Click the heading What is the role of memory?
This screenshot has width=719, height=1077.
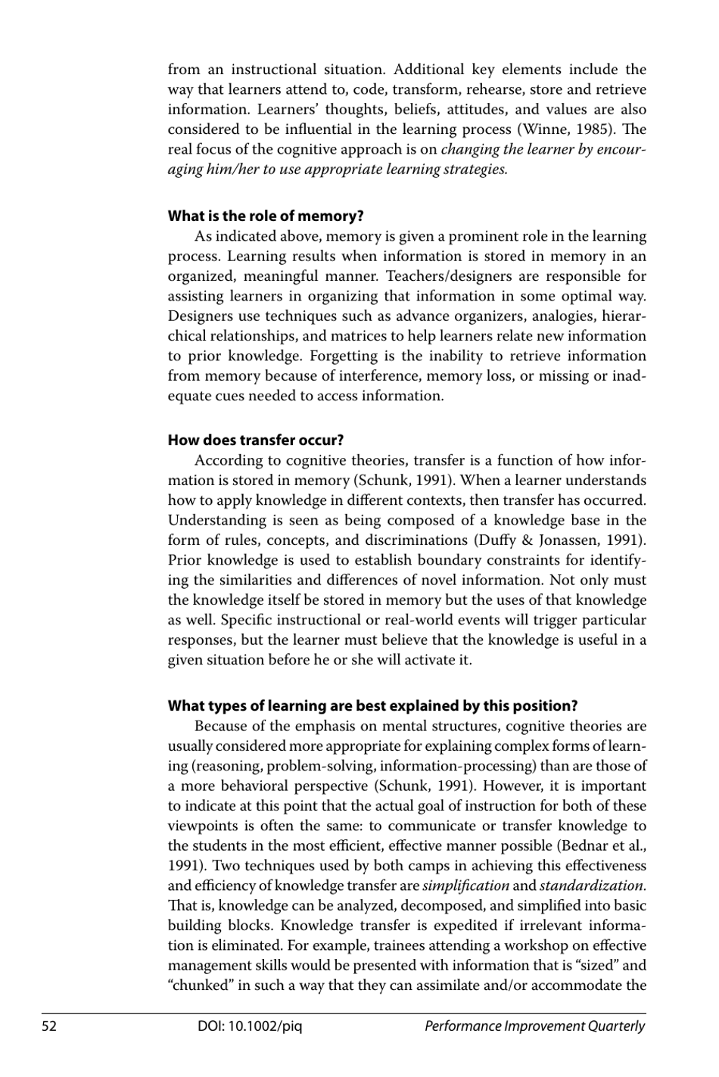(x=266, y=216)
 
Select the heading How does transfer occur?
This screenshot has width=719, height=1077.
(x=256, y=440)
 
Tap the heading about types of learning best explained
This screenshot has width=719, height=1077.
(x=372, y=706)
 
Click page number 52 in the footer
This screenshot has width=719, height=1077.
(x=49, y=1026)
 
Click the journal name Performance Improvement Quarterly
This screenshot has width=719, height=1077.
(x=534, y=1026)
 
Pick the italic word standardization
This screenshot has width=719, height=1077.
(x=592, y=886)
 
